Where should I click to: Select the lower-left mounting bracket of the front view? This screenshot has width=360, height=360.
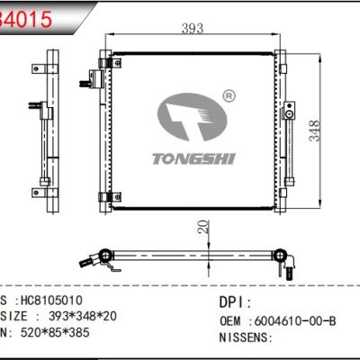[x=105, y=193]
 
